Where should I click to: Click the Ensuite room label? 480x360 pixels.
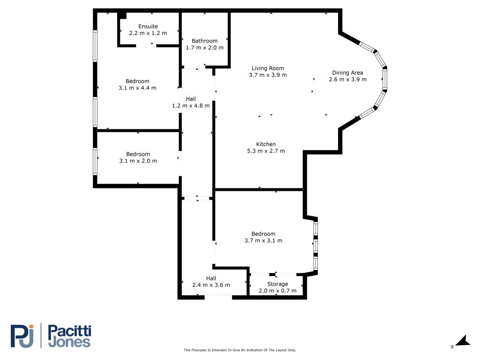(x=148, y=26)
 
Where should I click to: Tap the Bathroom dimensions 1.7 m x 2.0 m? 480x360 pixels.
(x=205, y=47)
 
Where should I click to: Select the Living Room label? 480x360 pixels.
(x=268, y=68)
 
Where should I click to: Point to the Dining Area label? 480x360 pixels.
(x=348, y=73)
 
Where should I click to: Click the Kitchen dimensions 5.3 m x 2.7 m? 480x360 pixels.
(x=266, y=151)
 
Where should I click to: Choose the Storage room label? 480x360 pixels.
(x=277, y=284)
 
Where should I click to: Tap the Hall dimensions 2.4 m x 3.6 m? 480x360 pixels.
(x=211, y=285)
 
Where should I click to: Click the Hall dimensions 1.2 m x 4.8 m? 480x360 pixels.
(x=191, y=105)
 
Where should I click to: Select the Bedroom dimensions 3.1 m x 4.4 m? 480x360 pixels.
(x=137, y=88)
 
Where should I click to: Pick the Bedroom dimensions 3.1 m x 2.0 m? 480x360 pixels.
(x=138, y=161)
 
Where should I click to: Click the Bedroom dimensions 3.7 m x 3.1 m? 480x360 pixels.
(x=263, y=240)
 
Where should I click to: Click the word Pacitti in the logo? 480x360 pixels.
(x=70, y=331)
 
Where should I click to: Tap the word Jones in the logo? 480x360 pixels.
(x=69, y=342)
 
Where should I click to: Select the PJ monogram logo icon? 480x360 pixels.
(x=22, y=336)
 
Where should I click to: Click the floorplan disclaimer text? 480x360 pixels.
(x=240, y=350)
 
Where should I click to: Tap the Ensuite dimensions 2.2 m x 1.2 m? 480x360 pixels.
(x=148, y=33)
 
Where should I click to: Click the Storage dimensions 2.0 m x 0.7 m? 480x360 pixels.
(x=277, y=291)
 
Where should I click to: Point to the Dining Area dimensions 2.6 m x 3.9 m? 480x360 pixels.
(x=348, y=79)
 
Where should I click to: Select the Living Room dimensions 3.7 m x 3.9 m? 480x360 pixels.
(x=268, y=75)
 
